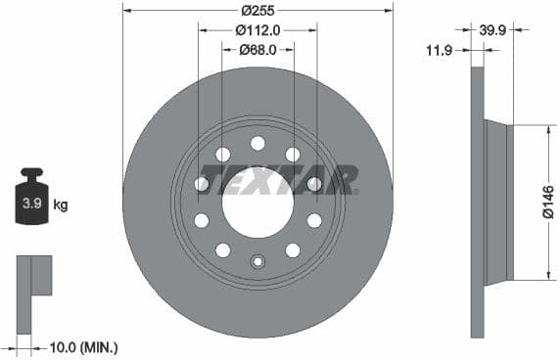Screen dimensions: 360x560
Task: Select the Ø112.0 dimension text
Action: click(x=258, y=31)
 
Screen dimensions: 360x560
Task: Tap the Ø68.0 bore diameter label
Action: click(x=258, y=51)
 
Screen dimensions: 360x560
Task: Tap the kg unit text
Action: click(x=61, y=205)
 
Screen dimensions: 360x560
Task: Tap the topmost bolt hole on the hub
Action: click(x=257, y=144)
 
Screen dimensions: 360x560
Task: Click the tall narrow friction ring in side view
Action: click(x=478, y=202)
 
